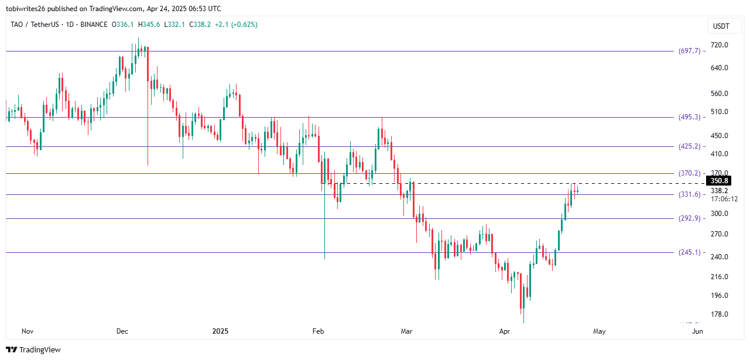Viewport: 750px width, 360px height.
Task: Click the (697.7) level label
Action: [x=689, y=51]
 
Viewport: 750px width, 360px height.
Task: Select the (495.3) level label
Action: [x=689, y=117]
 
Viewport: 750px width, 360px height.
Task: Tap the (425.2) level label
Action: [x=689, y=146]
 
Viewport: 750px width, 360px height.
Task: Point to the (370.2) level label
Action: [x=689, y=173]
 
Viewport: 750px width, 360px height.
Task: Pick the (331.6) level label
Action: [x=689, y=194]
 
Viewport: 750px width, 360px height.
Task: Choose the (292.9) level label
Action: [x=689, y=218]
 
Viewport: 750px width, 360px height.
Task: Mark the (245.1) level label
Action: [x=689, y=252]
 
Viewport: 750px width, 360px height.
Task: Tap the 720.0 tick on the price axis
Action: [x=720, y=45]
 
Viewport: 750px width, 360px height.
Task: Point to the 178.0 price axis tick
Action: [x=720, y=314]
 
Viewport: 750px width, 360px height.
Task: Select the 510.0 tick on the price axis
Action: [x=720, y=112]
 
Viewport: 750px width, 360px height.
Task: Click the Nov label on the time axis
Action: [x=27, y=331]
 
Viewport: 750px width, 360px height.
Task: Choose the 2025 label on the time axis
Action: [x=221, y=331]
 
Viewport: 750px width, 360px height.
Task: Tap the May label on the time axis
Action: [x=599, y=331]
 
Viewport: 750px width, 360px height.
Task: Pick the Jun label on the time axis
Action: [x=697, y=331]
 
